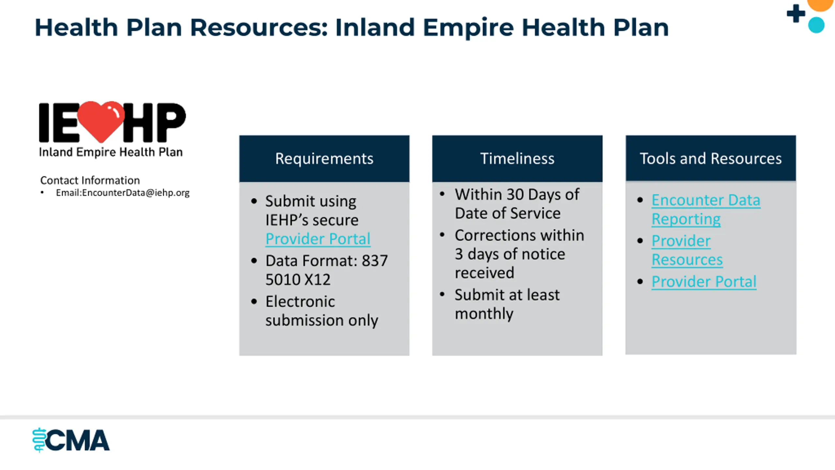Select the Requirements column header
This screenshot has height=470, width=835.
coord(324,159)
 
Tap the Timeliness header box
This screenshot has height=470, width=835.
coord(517,159)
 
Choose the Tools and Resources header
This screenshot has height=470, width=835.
coord(711,158)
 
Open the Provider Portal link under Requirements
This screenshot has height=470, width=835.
coord(318,239)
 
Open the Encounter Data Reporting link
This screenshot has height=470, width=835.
coord(706,210)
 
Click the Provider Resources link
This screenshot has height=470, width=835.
coord(687,250)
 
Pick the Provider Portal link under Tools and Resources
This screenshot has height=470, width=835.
coord(704,282)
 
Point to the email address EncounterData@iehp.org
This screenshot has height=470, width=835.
coord(136,193)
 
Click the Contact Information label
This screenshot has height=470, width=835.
coord(90,180)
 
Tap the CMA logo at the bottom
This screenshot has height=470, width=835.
coord(71,440)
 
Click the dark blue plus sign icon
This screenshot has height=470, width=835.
coord(796,13)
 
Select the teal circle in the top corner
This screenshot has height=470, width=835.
coord(816,25)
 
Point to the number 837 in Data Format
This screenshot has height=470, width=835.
coord(375,261)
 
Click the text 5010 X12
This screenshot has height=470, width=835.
coord(298,280)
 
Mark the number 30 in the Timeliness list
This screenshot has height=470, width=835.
coord(515,195)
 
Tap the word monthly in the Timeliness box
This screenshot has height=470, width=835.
coord(484,314)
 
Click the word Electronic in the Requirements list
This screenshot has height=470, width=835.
coord(300,302)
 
